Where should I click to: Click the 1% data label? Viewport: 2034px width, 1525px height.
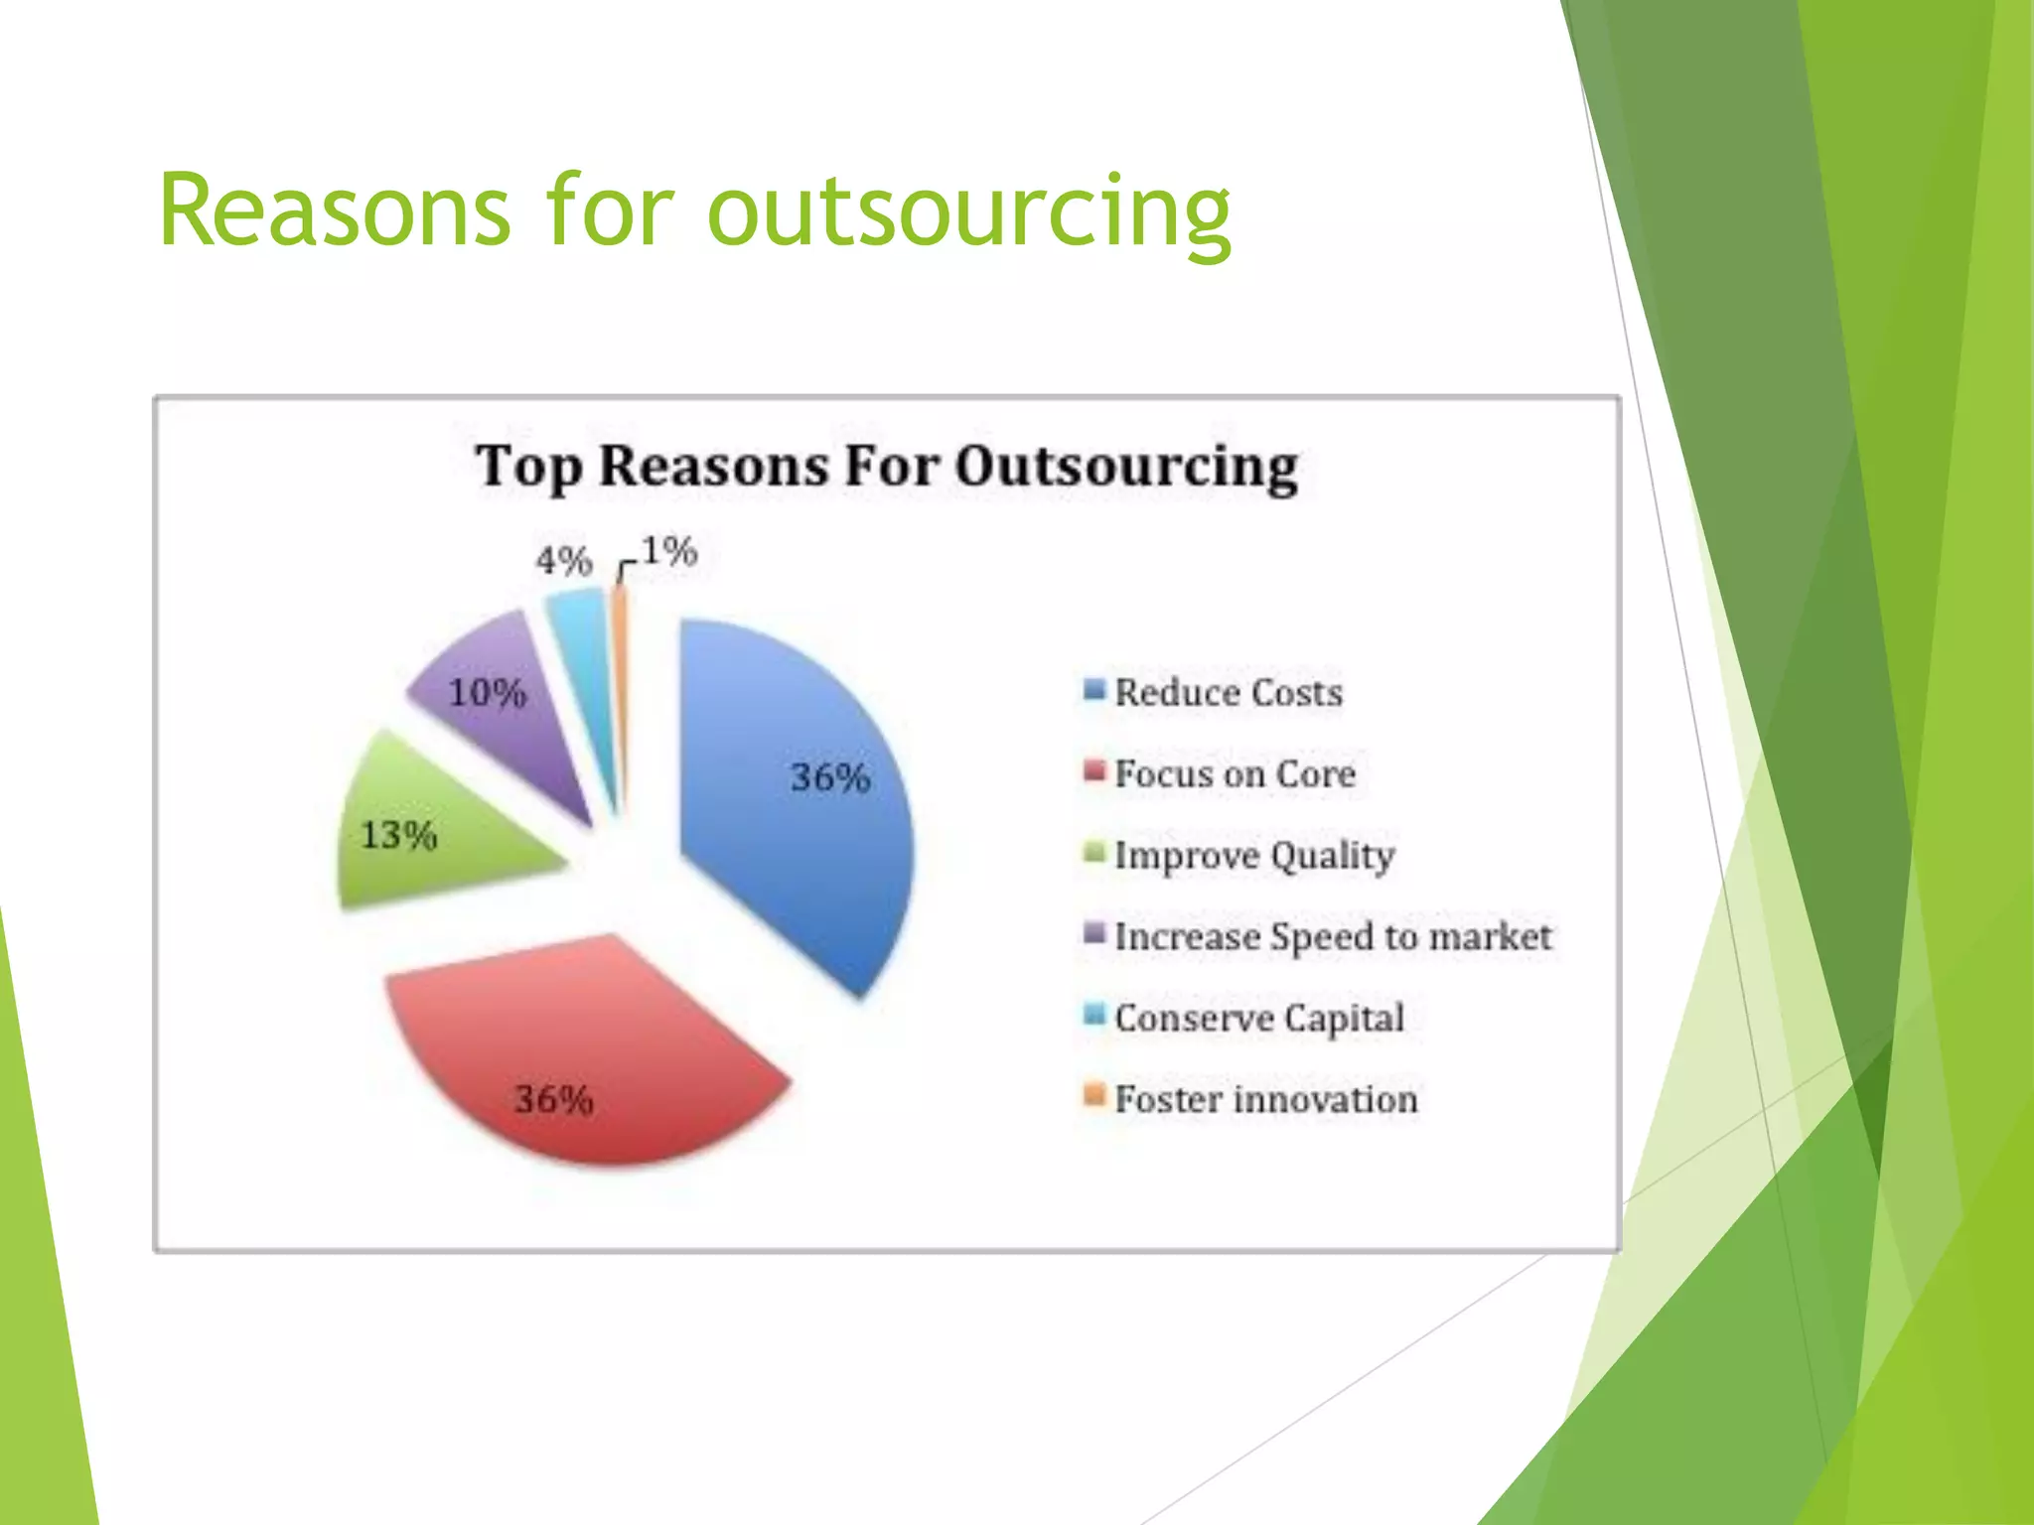[668, 551]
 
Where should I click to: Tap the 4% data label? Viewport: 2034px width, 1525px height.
[563, 562]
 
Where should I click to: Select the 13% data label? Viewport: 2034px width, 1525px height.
[398, 835]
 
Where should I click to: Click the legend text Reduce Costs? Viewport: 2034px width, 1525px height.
[1228, 692]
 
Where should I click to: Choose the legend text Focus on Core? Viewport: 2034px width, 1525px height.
[1235, 773]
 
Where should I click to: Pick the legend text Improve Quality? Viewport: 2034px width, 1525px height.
[1253, 856]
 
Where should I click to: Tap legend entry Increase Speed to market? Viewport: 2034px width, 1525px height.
[1332, 936]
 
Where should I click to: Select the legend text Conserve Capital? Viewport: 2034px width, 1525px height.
[1258, 1018]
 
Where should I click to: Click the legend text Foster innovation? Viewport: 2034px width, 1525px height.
[1265, 1099]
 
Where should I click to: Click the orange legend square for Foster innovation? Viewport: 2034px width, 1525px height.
[1094, 1096]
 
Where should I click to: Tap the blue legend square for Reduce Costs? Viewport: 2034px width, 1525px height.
[1094, 689]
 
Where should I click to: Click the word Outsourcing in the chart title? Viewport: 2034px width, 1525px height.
[1126, 467]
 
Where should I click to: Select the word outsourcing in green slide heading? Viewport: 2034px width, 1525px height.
[968, 212]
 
